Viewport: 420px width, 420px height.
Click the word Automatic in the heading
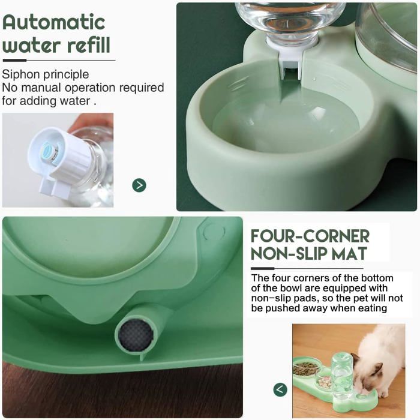click(x=54, y=22)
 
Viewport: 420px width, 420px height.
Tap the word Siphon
click(x=22, y=74)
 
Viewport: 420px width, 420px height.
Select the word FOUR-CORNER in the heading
click(x=310, y=235)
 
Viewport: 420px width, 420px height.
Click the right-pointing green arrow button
click(x=139, y=185)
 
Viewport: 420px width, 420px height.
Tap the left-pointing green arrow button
click(x=280, y=389)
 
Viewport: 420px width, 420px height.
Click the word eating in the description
click(x=371, y=308)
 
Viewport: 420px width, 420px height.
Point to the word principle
click(x=68, y=74)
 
